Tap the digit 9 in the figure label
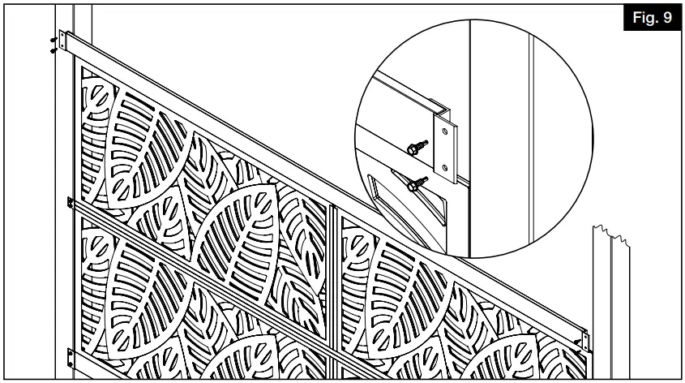click(x=666, y=19)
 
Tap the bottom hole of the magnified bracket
click(x=444, y=169)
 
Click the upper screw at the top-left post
click(x=54, y=38)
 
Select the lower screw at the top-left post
click(x=54, y=48)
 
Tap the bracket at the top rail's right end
click(x=582, y=334)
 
